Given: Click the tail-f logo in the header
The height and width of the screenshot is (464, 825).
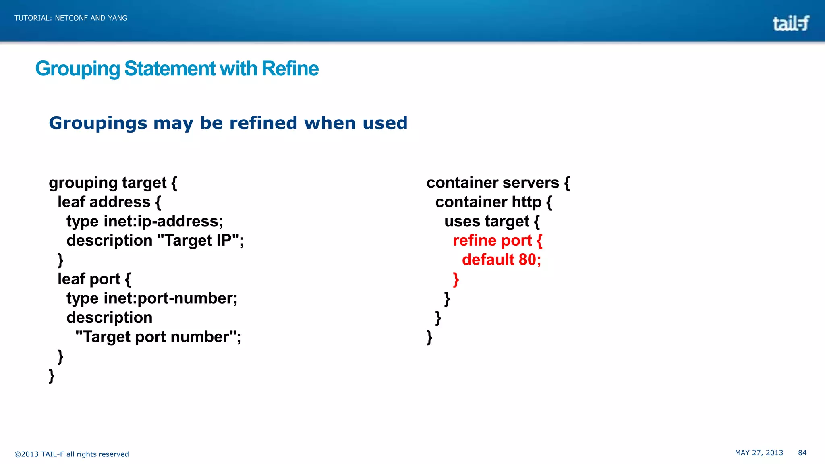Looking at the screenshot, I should coord(790,23).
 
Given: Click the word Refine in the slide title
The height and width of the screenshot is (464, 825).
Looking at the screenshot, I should coord(290,68).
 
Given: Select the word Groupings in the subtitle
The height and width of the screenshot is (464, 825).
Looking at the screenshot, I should coord(98,123).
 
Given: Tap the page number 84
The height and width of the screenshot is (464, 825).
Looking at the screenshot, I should coord(802,453).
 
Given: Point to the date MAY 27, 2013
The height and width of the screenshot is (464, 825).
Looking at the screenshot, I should coord(759,453).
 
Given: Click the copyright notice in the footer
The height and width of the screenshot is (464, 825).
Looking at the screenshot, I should coord(71,454).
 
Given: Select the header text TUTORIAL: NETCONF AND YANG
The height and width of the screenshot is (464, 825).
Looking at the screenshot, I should coord(71,18).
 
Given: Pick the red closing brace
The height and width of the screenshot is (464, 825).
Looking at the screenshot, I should coord(456,279).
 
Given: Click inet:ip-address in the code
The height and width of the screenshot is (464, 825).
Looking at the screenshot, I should coord(163,221).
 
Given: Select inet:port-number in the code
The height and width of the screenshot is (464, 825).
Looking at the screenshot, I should coord(170,298).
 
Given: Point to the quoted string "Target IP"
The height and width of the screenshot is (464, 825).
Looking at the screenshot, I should coord(198,240).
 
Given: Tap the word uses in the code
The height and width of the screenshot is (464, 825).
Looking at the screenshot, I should coord(462,221).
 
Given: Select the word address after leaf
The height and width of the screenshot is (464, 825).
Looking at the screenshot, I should coord(120,202).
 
